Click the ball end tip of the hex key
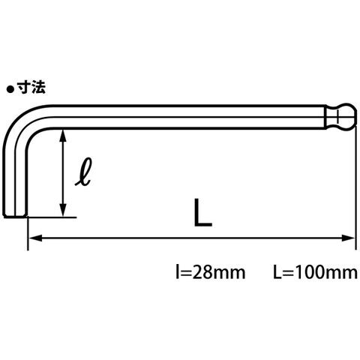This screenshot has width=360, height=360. tap(356, 117)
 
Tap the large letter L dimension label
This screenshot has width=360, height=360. tap(203, 212)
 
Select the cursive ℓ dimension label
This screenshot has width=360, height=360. tap(84, 172)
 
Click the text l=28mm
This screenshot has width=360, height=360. tap(211, 272)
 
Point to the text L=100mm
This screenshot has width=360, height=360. tap(315, 272)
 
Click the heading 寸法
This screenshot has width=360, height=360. tap(31, 88)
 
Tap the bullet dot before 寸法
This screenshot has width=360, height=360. tap(10, 89)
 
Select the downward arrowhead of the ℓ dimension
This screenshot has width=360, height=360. tap(63, 210)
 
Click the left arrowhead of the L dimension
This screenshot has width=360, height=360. tap(35, 238)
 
